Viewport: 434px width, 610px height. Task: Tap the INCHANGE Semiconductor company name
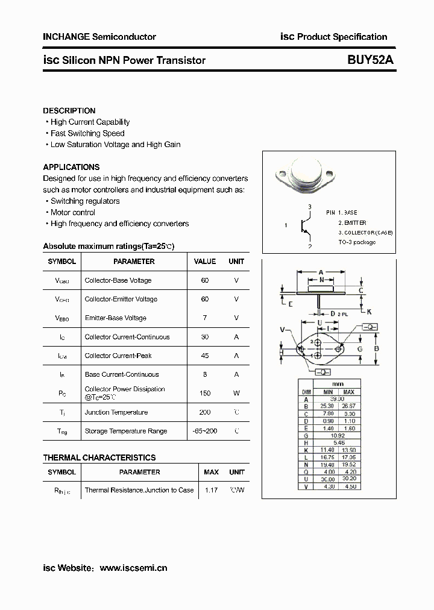[x=99, y=37]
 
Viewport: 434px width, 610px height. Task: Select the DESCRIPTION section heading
[x=69, y=111]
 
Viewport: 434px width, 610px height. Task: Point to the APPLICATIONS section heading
[x=71, y=167]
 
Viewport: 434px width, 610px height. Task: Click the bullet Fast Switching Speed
[x=87, y=133]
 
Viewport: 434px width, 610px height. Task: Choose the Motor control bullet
[x=73, y=212]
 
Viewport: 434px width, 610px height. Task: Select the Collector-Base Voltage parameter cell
[x=118, y=280]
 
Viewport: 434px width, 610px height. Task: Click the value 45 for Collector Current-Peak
[x=204, y=356]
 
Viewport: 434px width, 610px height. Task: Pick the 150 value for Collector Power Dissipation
[x=204, y=393]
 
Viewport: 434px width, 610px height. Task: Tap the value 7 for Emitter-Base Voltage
[x=204, y=318]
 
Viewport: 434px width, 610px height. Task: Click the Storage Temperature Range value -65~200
[x=204, y=431]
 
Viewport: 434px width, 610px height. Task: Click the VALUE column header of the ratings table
[x=204, y=262]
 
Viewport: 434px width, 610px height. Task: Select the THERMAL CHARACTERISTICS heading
[x=99, y=457]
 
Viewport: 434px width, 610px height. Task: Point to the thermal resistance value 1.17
[x=211, y=490]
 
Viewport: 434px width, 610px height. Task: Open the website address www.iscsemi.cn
[x=133, y=568]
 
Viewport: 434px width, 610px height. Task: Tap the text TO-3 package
[x=357, y=242]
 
